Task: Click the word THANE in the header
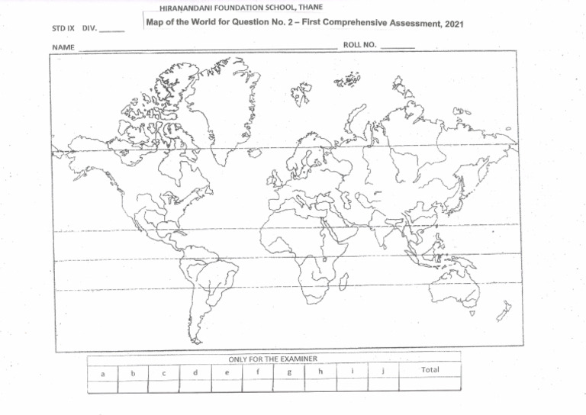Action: pyautogui.click(x=311, y=7)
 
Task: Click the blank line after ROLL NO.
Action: pyautogui.click(x=398, y=47)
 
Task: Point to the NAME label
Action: pyautogui.click(x=63, y=48)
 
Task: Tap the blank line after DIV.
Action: pyautogui.click(x=111, y=31)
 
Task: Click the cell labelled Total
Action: pyautogui.click(x=430, y=370)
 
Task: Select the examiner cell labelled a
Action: pyautogui.click(x=102, y=373)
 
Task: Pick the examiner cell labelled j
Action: pyautogui.click(x=383, y=372)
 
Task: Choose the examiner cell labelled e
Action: pyautogui.click(x=227, y=372)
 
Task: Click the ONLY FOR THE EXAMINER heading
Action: pyautogui.click(x=272, y=358)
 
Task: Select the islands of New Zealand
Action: pyautogui.click(x=504, y=311)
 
